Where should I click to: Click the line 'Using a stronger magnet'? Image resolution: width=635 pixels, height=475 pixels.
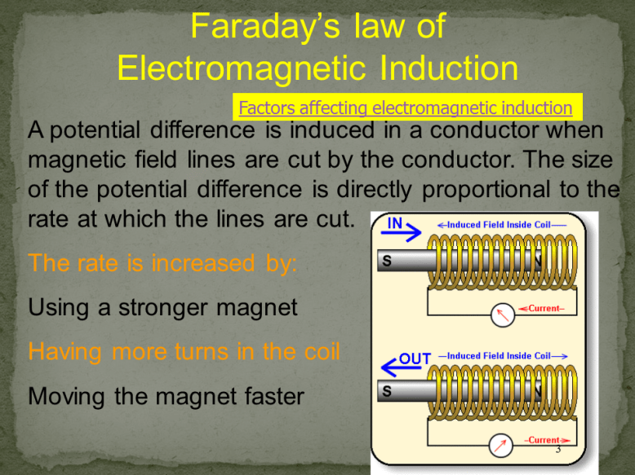coord(163,309)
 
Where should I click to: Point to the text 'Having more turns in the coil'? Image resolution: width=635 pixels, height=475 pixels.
coord(184,353)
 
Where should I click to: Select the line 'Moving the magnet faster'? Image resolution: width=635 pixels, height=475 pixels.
coord(166,397)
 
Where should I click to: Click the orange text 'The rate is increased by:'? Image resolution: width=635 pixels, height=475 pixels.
coord(163,264)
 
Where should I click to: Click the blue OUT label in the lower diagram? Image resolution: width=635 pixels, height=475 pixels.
coord(414,358)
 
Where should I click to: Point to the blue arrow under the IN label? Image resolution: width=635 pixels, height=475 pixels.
coord(402,234)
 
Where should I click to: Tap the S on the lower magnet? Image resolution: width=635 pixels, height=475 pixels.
coord(387,392)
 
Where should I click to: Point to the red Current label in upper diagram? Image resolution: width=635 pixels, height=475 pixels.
coord(544,309)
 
